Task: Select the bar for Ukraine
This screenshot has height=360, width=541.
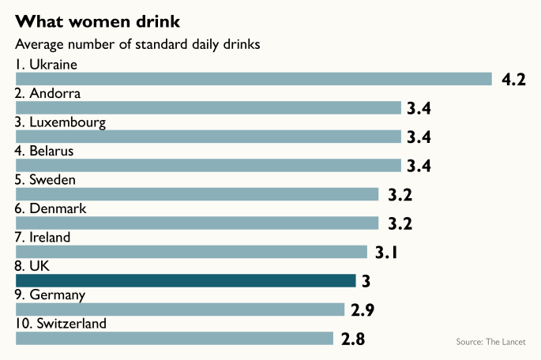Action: pos(254,79)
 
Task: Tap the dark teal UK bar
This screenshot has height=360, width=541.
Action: pos(186,280)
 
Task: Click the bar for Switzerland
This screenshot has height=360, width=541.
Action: pos(175,338)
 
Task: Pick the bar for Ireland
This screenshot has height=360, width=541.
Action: pos(191,252)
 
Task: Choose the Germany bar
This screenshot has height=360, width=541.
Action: pos(180,309)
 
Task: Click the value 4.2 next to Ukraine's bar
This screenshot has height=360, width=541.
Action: pos(513,80)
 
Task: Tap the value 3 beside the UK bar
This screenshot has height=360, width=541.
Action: pos(366,281)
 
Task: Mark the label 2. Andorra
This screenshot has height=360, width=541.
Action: pos(48,93)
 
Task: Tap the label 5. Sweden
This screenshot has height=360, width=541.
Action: pos(46,180)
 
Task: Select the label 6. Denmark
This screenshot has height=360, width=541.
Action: pos(51,208)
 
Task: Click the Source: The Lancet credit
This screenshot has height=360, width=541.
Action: pos(496,341)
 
